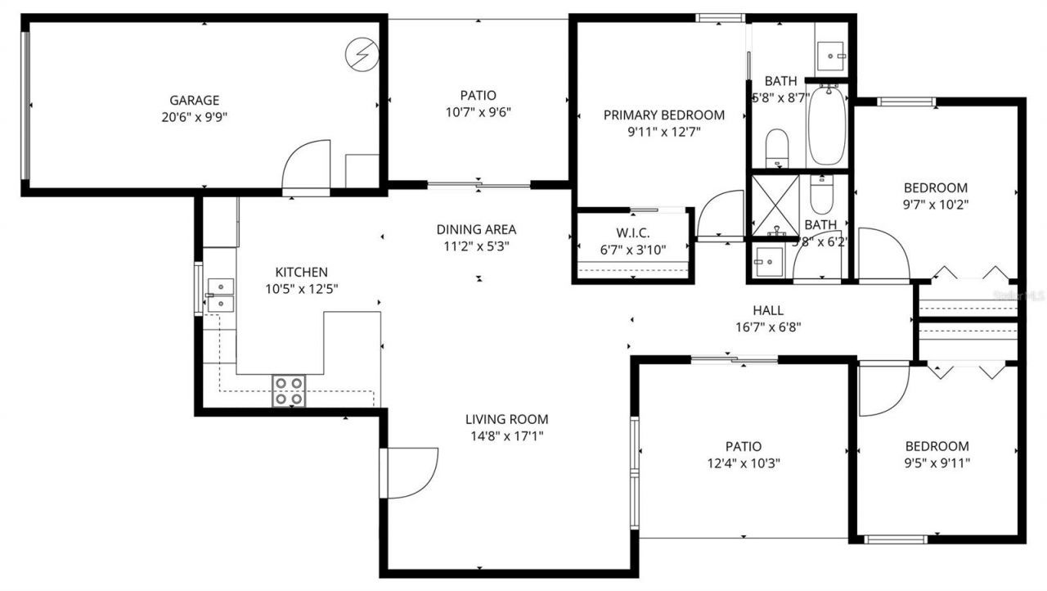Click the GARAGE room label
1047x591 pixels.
[x=194, y=101]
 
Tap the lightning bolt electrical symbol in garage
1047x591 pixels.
[x=360, y=54]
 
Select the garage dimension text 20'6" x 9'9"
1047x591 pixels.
[x=194, y=117]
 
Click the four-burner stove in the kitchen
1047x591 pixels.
[x=289, y=390]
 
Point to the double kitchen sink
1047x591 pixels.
[x=220, y=295]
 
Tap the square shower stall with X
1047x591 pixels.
[x=774, y=203]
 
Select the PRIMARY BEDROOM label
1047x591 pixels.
[x=663, y=115]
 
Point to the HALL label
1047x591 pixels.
[x=767, y=311]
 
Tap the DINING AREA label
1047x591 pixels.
[x=476, y=230]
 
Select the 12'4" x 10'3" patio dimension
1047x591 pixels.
[x=743, y=462]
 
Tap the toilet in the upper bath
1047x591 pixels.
[x=776, y=147]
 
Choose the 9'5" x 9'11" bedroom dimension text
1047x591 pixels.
[x=937, y=462]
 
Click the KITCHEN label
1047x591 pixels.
[x=301, y=273]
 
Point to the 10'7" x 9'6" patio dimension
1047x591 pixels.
[x=478, y=111]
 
